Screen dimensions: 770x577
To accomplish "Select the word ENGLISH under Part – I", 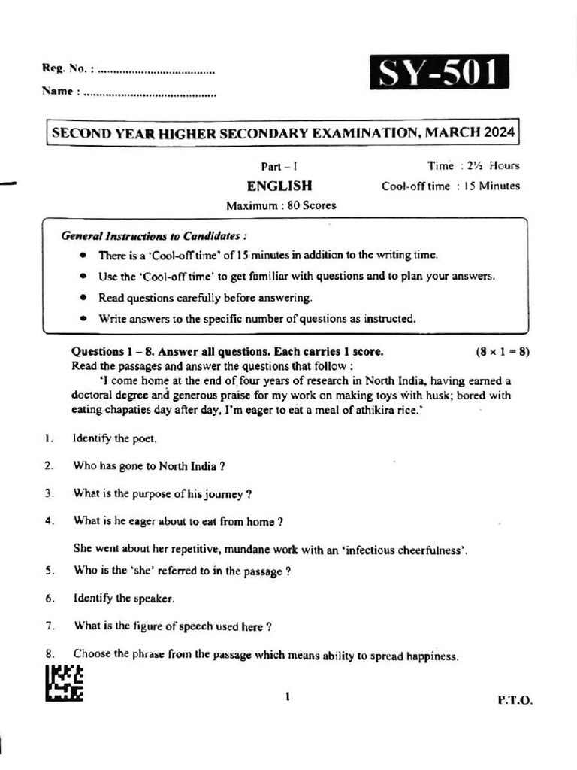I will pyautogui.click(x=279, y=186).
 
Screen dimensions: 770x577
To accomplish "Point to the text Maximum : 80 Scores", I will pyautogui.click(x=281, y=205).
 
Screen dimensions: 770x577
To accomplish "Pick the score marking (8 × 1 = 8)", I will pyautogui.click(x=502, y=352).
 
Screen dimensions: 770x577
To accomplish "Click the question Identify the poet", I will pyautogui.click(x=115, y=438).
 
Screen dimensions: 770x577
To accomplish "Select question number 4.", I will pyautogui.click(x=48, y=521).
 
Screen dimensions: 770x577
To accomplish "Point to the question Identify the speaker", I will pyautogui.click(x=124, y=599).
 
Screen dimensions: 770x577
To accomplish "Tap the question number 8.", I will pyautogui.click(x=48, y=653).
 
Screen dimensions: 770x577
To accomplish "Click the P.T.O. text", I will pyautogui.click(x=515, y=699).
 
